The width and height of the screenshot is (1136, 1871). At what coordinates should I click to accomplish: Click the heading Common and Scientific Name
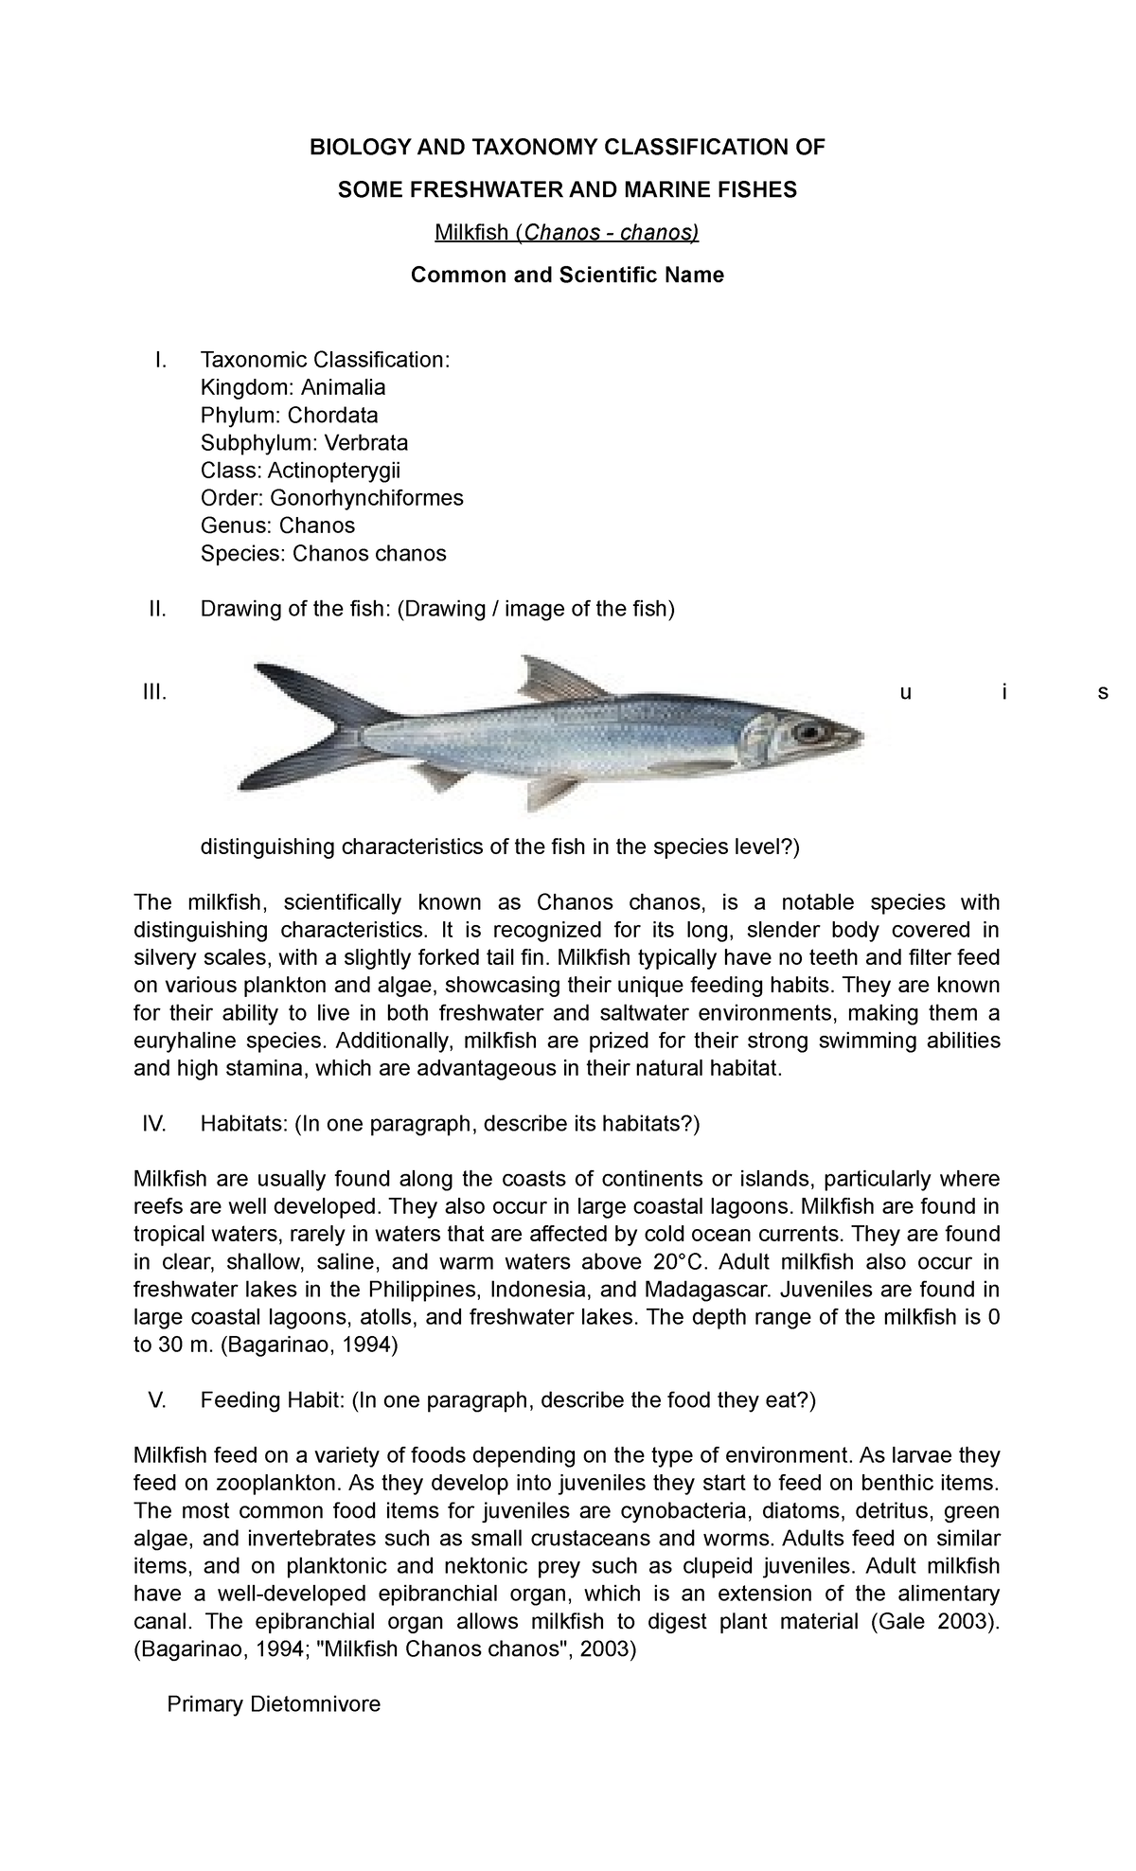pos(567,275)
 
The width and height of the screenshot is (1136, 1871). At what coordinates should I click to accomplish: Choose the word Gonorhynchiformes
pos(366,498)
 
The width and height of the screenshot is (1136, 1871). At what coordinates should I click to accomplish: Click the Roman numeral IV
pos(153,1124)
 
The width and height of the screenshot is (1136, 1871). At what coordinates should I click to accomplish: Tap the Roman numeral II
pos(157,609)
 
